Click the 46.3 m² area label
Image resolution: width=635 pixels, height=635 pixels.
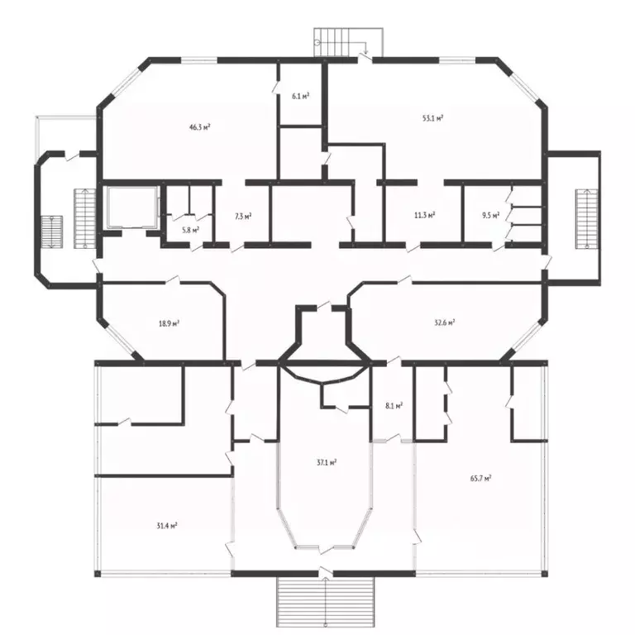click(200, 127)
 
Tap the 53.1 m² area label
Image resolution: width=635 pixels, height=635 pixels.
click(432, 118)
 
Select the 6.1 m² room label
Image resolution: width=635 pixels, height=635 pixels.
click(300, 96)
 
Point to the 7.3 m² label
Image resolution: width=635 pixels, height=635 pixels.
click(243, 217)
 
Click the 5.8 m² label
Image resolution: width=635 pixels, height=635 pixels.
click(190, 230)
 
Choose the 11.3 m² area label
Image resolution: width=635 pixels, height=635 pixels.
click(424, 215)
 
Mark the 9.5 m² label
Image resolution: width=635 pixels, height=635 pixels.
click(490, 215)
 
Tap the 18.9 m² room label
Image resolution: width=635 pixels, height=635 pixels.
click(169, 323)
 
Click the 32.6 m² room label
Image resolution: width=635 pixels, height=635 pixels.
click(444, 322)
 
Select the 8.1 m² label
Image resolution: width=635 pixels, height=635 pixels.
click(394, 406)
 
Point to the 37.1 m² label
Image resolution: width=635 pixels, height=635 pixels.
click(327, 462)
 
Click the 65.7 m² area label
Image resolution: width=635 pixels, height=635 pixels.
click(480, 478)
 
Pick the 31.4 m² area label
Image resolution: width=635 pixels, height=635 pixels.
click(167, 526)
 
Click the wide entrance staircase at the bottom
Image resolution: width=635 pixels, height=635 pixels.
click(325, 601)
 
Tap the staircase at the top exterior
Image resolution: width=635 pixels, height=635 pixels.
click(348, 42)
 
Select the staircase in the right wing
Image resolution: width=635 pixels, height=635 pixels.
click(587, 219)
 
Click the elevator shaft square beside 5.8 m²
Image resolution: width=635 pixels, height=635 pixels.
click(131, 207)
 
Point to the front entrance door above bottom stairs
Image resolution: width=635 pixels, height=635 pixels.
click(326, 571)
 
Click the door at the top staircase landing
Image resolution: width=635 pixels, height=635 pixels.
click(365, 59)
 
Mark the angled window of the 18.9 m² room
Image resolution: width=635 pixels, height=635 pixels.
click(119, 338)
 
